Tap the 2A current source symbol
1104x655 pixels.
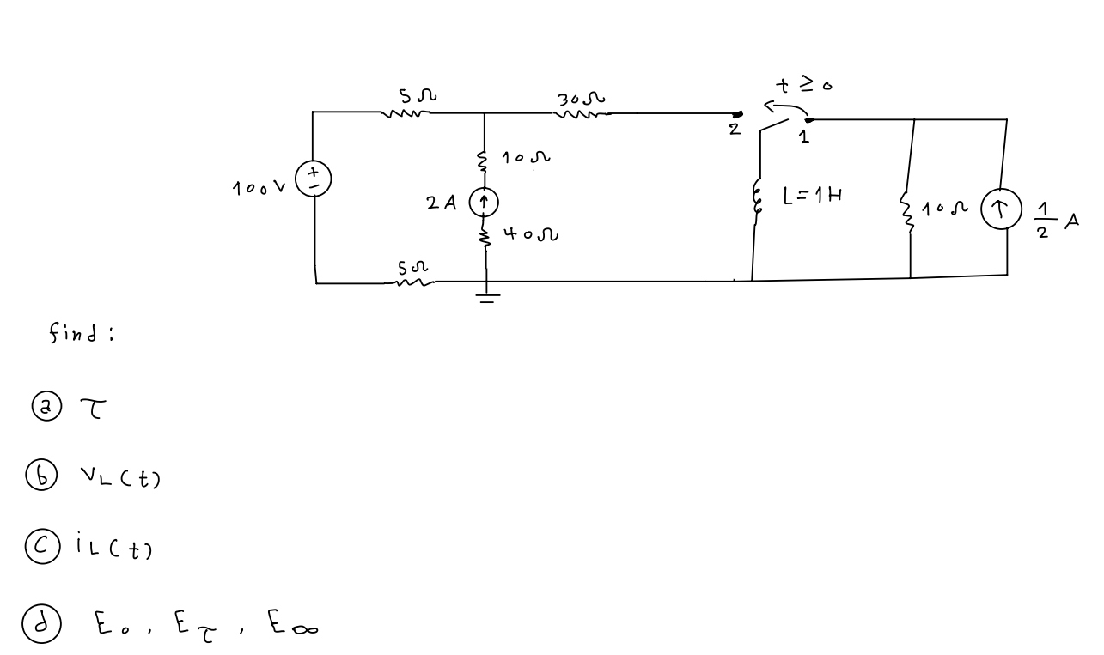(x=485, y=203)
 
